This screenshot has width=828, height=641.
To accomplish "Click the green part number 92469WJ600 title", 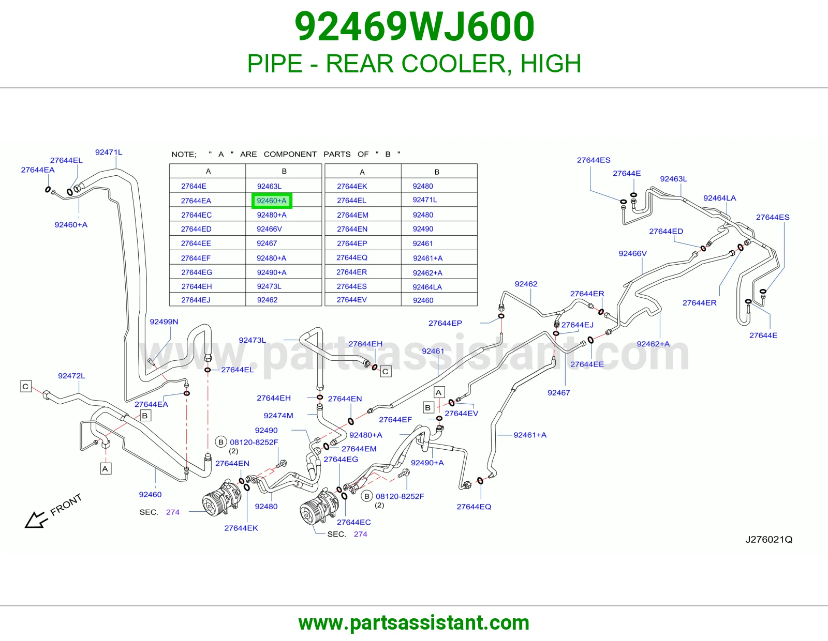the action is coord(415,27).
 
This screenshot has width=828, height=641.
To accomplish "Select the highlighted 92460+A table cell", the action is coord(272,201).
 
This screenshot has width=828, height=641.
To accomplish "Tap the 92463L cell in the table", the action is coord(269,186).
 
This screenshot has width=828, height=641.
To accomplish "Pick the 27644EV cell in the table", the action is coord(352,300).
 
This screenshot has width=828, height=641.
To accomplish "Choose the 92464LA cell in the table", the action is coord(427,287).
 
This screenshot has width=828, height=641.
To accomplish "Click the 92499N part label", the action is coord(164,322).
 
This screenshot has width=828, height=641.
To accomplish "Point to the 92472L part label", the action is coord(71,376).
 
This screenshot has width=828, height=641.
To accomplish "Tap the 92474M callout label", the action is coord(278,416).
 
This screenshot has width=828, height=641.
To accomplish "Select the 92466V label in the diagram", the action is coord(632,253).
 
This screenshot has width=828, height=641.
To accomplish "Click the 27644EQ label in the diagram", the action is coord(474,507).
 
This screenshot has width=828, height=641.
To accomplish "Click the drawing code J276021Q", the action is coord(769,539).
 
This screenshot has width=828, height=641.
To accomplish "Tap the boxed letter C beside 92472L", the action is coord(25,386).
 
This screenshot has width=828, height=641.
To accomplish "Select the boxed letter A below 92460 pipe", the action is coord(105,469).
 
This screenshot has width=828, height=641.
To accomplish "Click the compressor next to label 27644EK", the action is coord(221,499).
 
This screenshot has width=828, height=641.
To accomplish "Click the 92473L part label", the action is coord(252,340).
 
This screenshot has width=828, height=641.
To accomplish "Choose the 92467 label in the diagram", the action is coord(558,393).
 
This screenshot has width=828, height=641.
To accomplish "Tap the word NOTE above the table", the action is coord(184,154).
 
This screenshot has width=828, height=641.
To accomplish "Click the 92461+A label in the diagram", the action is coord(530,435).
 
